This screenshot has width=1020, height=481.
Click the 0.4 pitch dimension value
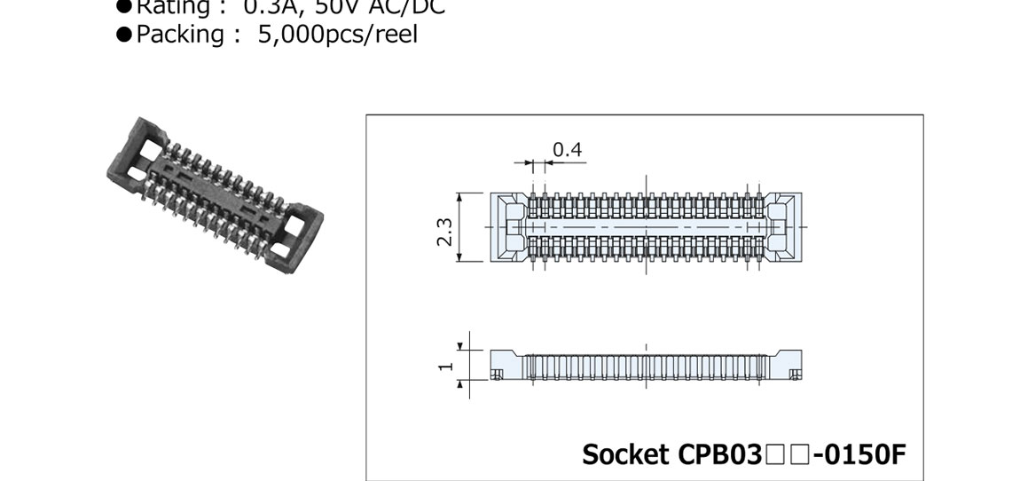coord(567,149)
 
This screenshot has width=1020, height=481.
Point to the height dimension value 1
coord(446,365)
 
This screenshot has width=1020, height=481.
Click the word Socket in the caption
coord(625,454)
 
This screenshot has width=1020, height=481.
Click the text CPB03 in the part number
coord(719,454)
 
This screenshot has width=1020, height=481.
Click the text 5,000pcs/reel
coord(337,34)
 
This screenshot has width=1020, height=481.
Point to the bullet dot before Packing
coord(124,35)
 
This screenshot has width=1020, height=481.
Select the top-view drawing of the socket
coord(646,227)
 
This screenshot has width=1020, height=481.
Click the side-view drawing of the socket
coord(646,366)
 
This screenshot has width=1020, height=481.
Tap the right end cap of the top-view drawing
coord(783,227)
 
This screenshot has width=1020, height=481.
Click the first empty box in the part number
coord(773,455)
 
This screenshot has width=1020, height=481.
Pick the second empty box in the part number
coord(796,455)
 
